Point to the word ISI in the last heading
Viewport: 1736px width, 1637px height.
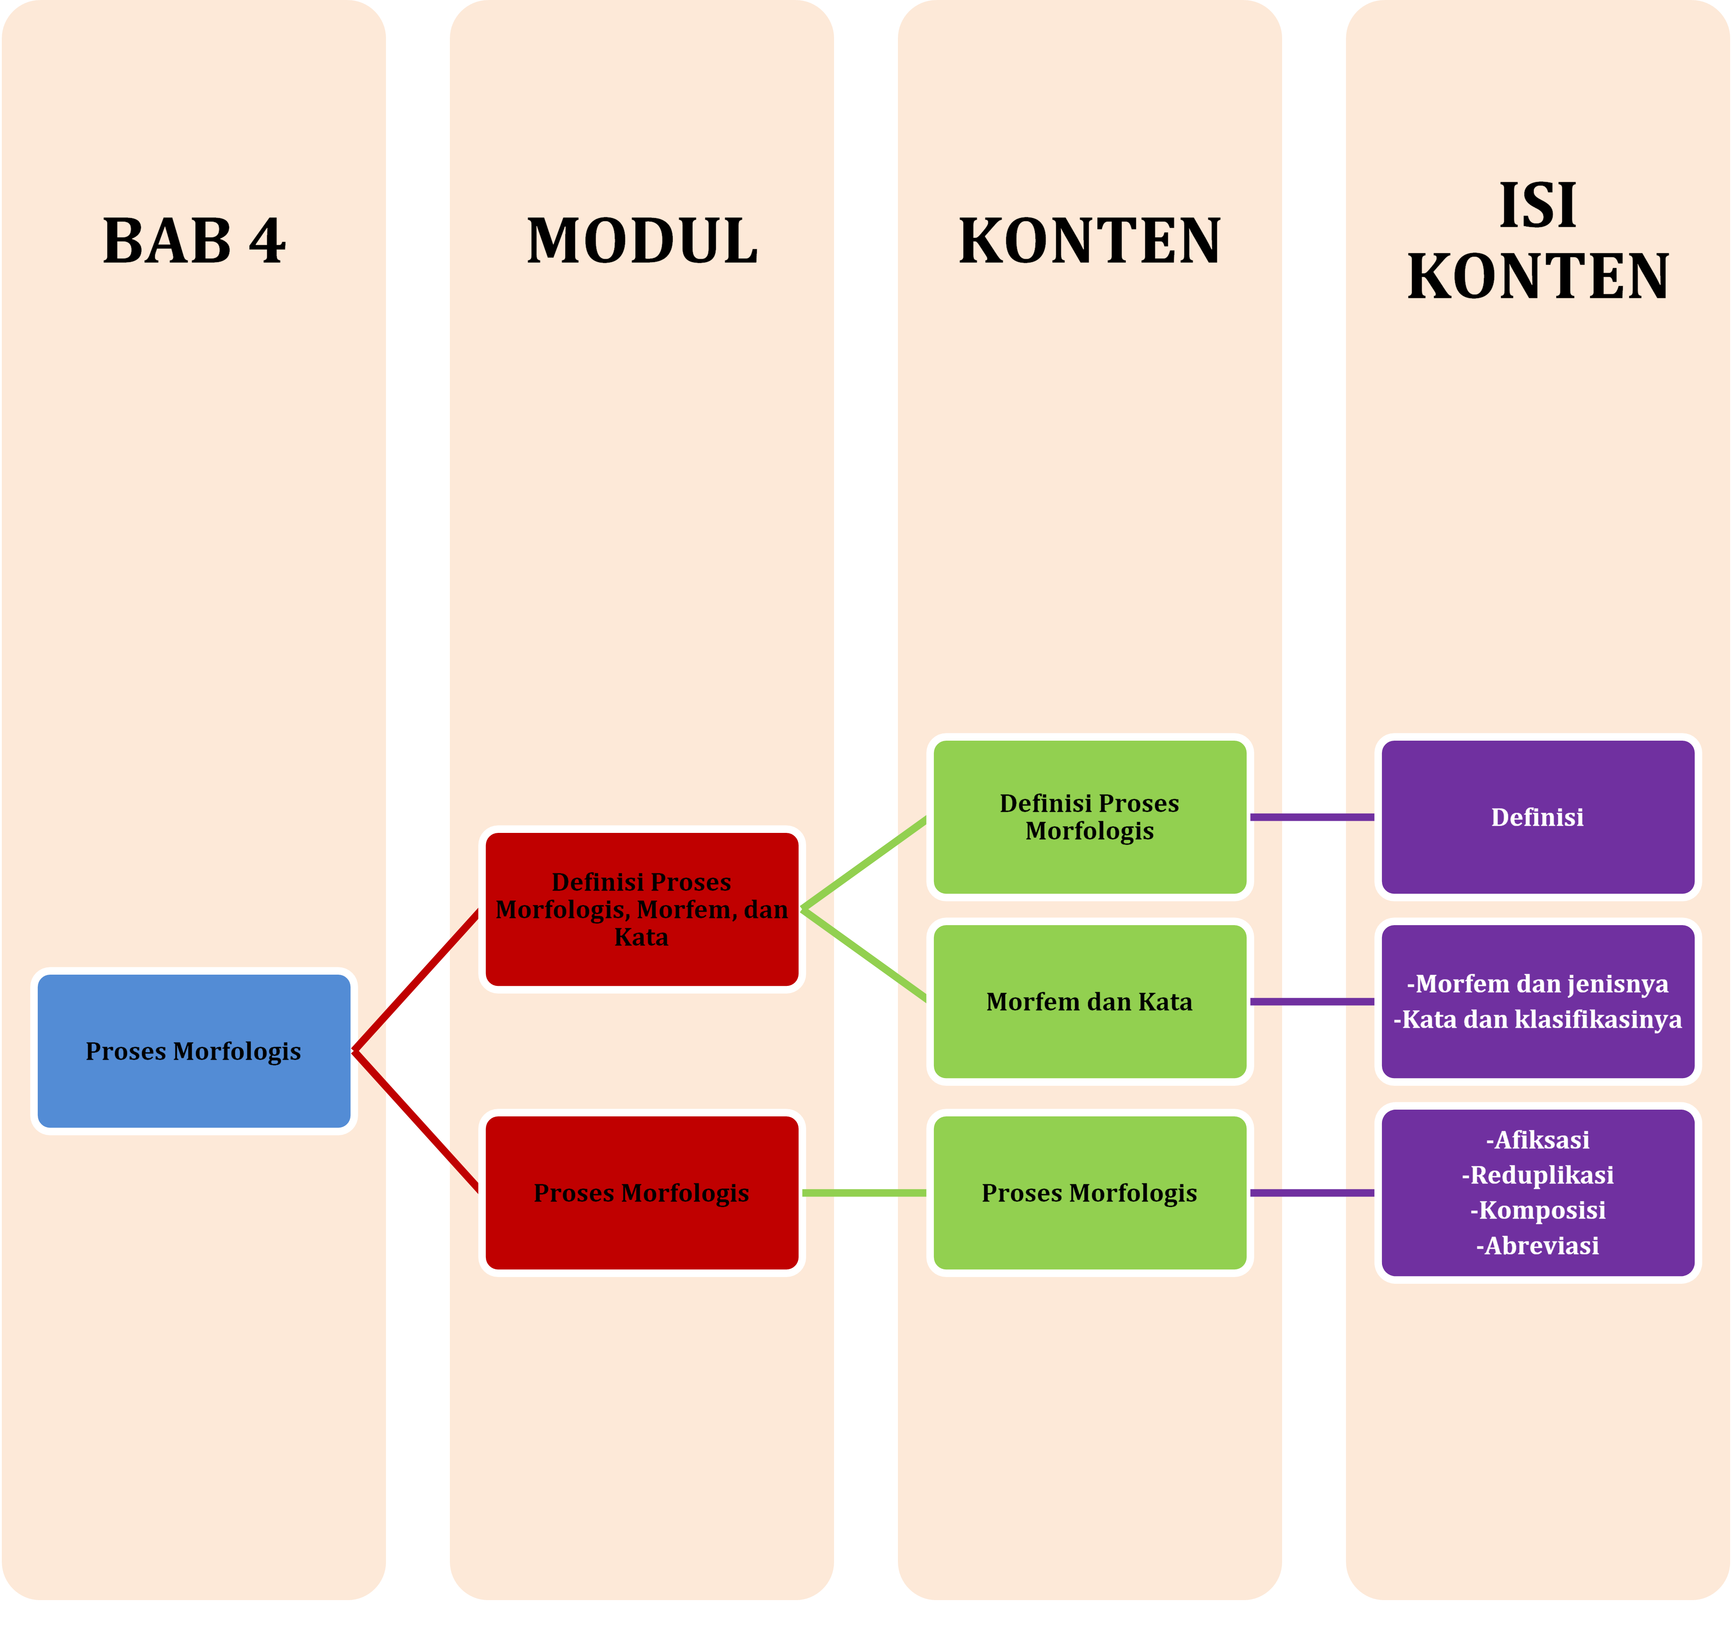(x=1538, y=206)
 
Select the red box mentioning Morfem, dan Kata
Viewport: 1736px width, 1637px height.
(x=642, y=909)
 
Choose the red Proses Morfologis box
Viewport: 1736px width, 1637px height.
(x=642, y=1192)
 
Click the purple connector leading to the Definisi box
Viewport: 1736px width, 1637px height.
(x=1312, y=817)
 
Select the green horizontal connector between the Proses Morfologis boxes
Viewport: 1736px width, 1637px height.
(x=864, y=1192)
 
